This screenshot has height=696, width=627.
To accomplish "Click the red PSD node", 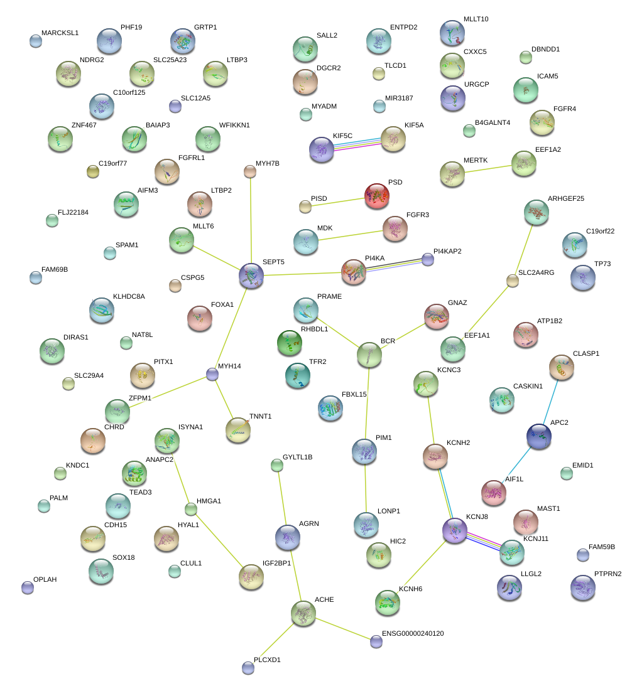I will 377,195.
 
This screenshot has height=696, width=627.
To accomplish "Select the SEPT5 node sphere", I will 251,275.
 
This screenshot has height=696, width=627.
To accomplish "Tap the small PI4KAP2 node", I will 428,259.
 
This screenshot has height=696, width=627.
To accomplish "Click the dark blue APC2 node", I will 538,436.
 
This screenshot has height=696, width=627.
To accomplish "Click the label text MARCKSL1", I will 60,33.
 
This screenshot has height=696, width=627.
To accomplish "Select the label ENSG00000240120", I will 413,634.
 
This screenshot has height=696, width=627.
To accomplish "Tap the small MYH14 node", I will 212,375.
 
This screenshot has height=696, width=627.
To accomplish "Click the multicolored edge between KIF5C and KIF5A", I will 358,143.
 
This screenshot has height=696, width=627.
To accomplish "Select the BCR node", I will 369,355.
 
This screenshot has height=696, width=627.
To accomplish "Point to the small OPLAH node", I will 27,587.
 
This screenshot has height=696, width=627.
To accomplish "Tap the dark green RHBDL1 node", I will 289,342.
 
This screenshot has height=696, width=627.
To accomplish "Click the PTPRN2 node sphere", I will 582,587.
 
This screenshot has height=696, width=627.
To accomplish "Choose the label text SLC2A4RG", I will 537,273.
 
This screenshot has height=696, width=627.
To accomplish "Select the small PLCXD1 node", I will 248,668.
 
